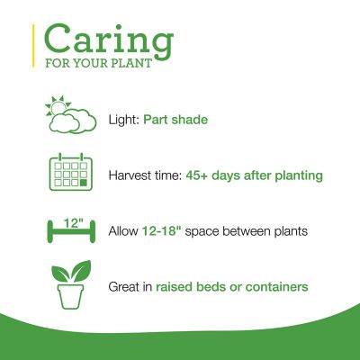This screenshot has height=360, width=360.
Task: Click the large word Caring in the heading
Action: click(108, 41)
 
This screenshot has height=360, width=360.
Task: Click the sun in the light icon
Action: click(57, 106)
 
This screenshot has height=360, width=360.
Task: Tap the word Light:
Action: click(124, 118)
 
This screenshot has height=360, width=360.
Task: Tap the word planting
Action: click(298, 175)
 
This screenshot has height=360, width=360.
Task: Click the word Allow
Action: click(124, 231)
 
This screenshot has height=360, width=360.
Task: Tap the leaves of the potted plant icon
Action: click(70, 273)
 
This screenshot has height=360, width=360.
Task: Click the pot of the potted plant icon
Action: click(70, 296)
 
